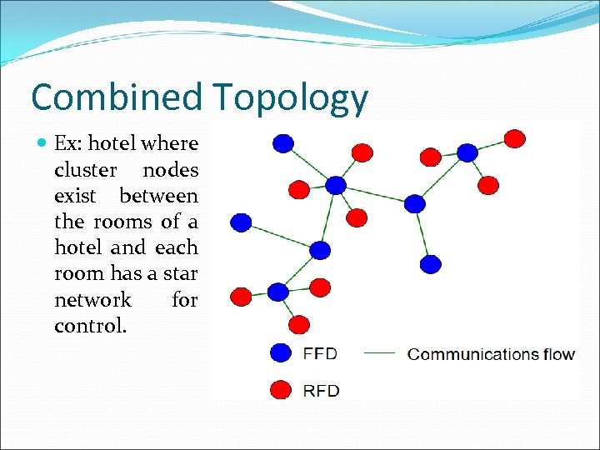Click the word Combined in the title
point(116,97)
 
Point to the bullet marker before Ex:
point(42,143)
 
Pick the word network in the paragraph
point(92,299)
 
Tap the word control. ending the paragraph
point(91,326)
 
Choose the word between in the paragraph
point(158,197)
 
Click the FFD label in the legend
point(320,353)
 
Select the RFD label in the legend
point(320,390)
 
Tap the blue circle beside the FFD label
point(282,353)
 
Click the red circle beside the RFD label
point(282,390)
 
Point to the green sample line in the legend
point(380,353)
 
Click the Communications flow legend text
point(491,354)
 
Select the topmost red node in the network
point(516,137)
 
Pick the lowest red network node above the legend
point(299,324)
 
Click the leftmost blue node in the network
point(241,222)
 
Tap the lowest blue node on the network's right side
point(430,264)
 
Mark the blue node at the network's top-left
point(283,143)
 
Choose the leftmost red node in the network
point(240,296)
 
